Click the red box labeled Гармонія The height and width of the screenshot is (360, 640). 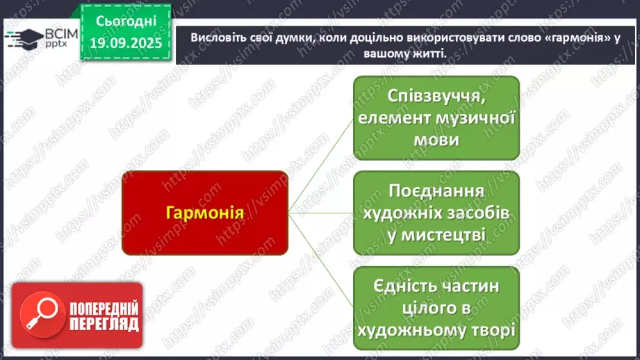(205, 213)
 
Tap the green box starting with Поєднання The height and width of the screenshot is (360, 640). (436, 213)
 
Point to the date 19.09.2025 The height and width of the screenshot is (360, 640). (126, 43)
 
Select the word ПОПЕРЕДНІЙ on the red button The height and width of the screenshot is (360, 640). (104, 308)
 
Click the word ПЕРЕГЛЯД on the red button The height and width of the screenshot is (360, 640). (104, 324)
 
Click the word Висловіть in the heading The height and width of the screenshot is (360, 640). (217, 37)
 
